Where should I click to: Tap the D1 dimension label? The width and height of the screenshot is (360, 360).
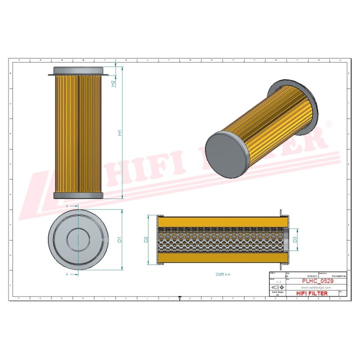point(119,239)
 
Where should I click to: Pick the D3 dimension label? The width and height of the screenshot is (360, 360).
point(295,240)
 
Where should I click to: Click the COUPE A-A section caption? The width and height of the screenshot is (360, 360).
point(222,274)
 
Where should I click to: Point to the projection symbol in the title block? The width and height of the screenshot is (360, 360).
point(277,288)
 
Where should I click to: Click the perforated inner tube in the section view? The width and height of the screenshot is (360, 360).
point(220,240)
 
